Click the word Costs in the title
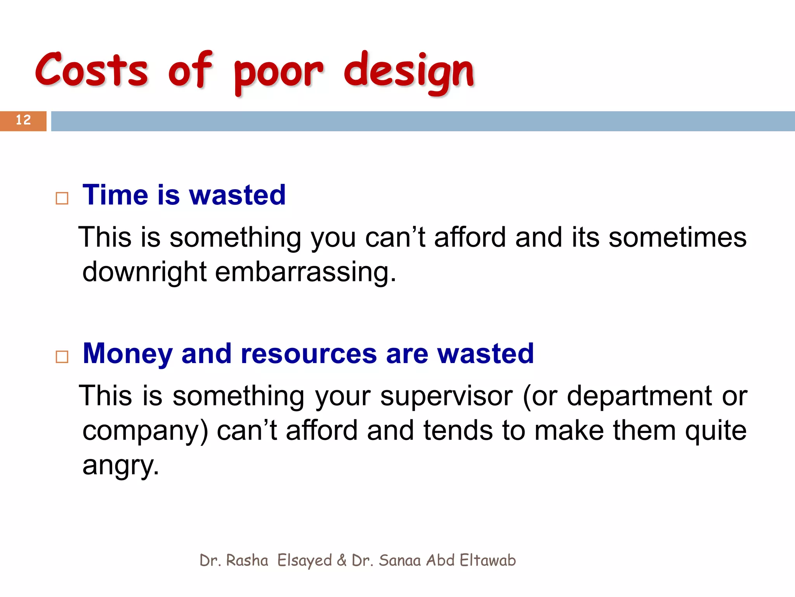(92, 70)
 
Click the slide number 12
(23, 120)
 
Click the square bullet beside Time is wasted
(62, 198)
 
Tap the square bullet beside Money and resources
(62, 357)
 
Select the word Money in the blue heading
(128, 354)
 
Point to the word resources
(309, 354)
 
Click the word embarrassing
(306, 272)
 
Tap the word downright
(144, 272)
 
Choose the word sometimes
(677, 237)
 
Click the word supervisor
(446, 396)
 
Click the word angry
(120, 466)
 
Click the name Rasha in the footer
(247, 560)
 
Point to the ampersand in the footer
(342, 560)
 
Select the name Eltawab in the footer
(488, 560)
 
